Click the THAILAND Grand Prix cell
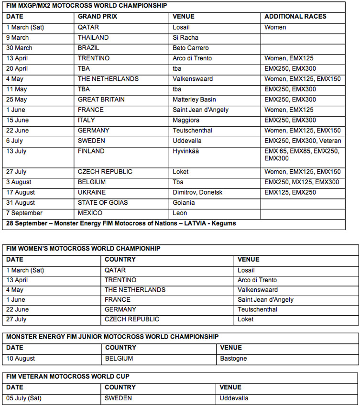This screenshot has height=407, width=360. (93, 37)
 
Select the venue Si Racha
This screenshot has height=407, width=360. (185, 37)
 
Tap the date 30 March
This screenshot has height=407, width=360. (19, 48)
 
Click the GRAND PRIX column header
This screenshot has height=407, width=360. (98, 16)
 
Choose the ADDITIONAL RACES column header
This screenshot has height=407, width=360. (295, 16)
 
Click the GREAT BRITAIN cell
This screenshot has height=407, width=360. (101, 99)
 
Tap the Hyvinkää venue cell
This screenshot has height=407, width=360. (187, 151)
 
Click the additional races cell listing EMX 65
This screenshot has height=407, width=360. (302, 154)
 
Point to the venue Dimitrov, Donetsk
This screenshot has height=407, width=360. (197, 192)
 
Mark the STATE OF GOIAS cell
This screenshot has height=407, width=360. (103, 202)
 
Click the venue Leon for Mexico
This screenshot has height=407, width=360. (180, 213)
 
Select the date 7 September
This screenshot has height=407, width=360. (24, 213)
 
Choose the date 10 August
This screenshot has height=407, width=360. (21, 358)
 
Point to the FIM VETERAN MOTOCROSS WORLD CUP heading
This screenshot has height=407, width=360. (68, 377)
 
